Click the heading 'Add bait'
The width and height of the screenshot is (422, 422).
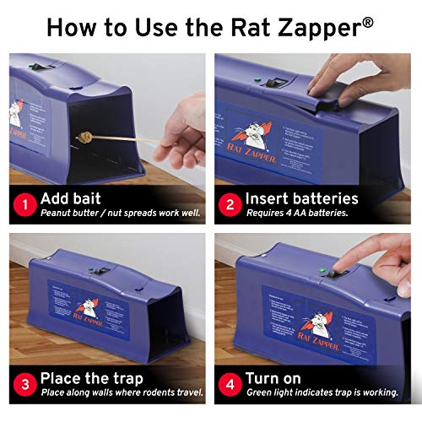point(74,198)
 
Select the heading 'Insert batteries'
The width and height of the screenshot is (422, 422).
point(301,198)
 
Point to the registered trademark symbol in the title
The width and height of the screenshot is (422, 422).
point(367,22)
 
